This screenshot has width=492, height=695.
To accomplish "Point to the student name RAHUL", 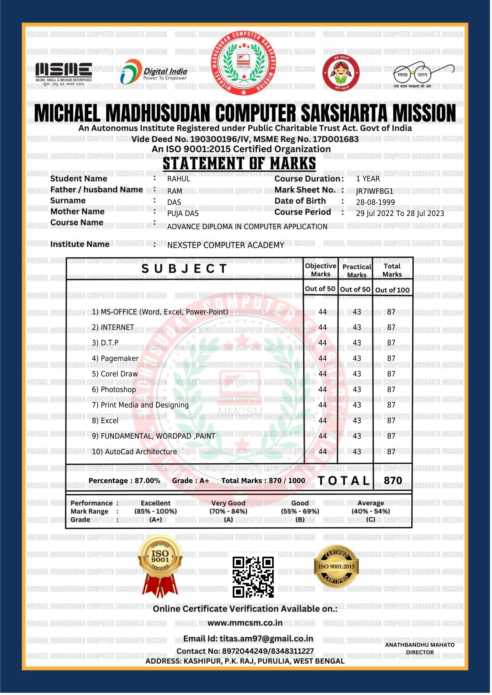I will [179, 179].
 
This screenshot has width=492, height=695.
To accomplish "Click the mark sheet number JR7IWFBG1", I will [375, 192].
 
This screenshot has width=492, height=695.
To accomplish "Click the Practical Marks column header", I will [357, 271].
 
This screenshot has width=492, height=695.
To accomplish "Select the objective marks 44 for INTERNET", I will [323, 328].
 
